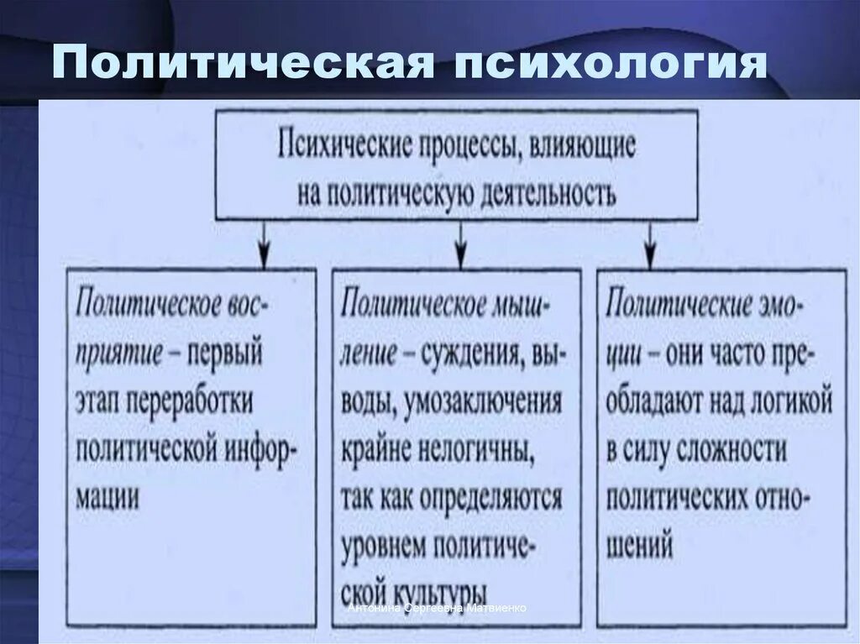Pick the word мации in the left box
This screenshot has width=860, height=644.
tap(108, 497)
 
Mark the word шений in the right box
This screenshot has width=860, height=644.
tap(640, 547)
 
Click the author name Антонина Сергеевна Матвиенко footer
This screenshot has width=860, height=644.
tap(438, 608)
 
